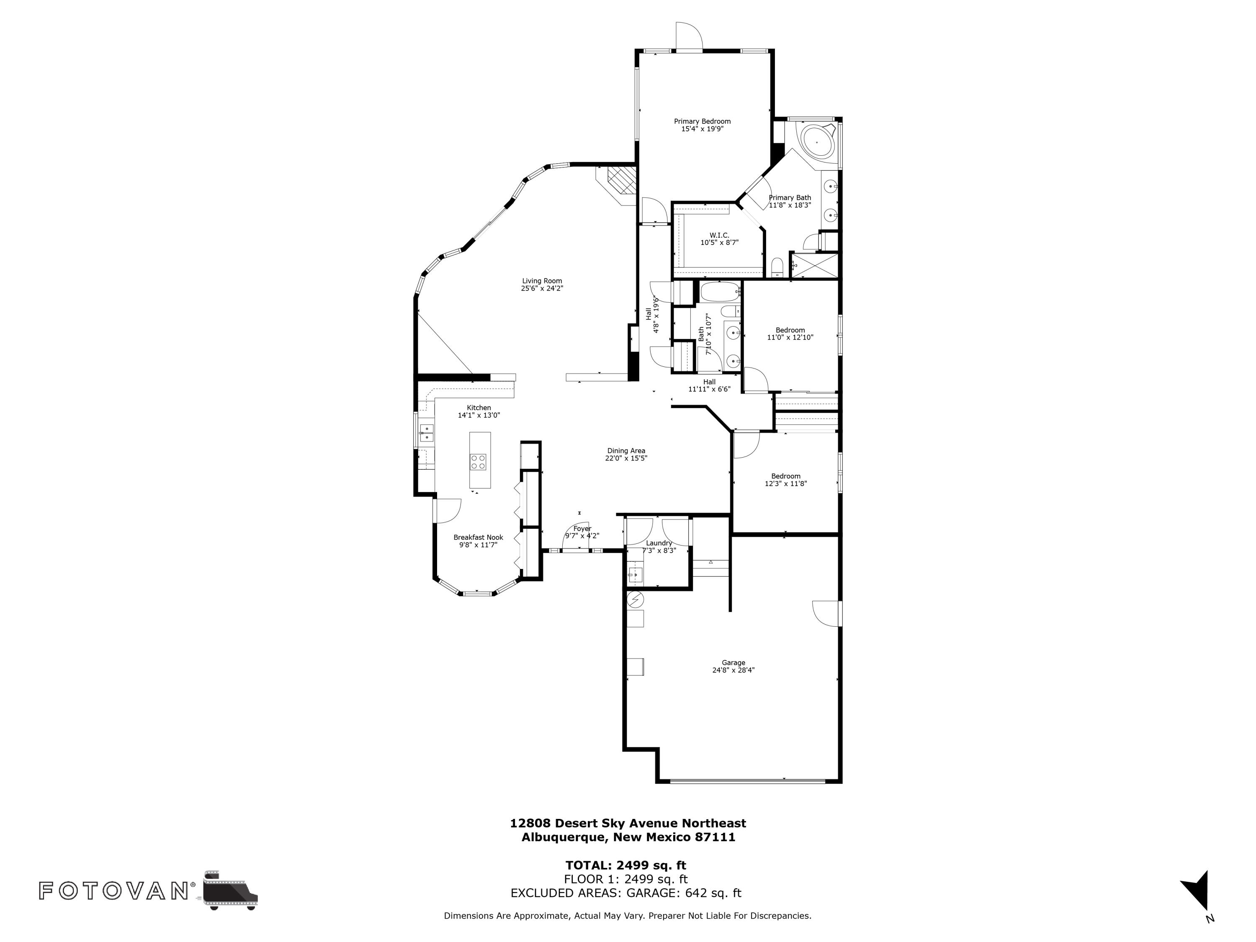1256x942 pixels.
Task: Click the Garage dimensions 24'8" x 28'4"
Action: [x=733, y=670]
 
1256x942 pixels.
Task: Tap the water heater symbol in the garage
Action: [x=635, y=599]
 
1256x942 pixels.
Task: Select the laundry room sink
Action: [x=634, y=575]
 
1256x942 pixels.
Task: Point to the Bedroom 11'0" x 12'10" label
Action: [x=790, y=333]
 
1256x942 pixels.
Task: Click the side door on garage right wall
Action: [x=827, y=613]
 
